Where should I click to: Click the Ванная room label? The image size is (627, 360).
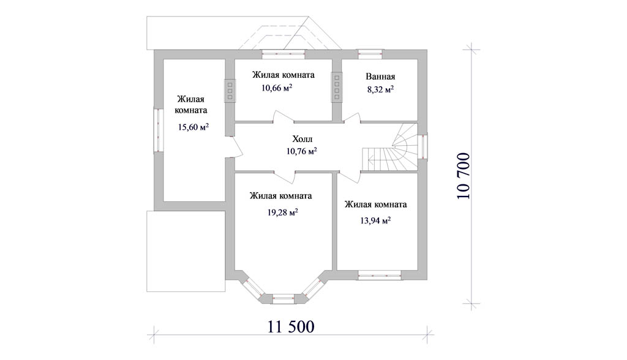click(x=380, y=77)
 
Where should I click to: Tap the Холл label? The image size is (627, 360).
click(x=302, y=139)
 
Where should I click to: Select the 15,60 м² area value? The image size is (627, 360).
click(x=193, y=127)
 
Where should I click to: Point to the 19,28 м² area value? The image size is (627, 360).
click(x=283, y=212)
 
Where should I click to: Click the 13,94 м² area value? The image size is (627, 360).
click(x=375, y=220)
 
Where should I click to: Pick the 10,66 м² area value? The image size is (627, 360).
click(x=277, y=88)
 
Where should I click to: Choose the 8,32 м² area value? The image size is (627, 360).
click(x=381, y=89)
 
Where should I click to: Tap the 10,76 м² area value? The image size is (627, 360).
click(x=302, y=151)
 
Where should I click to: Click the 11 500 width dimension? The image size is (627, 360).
click(x=291, y=327)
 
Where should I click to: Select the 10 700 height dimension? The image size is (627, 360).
click(x=464, y=176)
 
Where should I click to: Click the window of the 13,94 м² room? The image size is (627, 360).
click(x=380, y=275)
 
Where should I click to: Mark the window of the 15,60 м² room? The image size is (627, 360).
click(x=159, y=130)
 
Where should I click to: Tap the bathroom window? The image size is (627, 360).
click(x=370, y=54)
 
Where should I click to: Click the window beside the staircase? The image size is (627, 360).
click(x=422, y=146)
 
